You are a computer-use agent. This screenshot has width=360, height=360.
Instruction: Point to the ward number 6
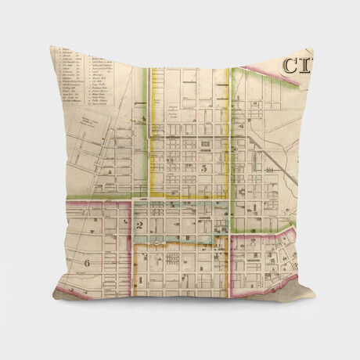[x=87, y=262]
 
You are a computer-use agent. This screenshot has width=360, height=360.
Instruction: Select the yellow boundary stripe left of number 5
[x=149, y=157]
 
